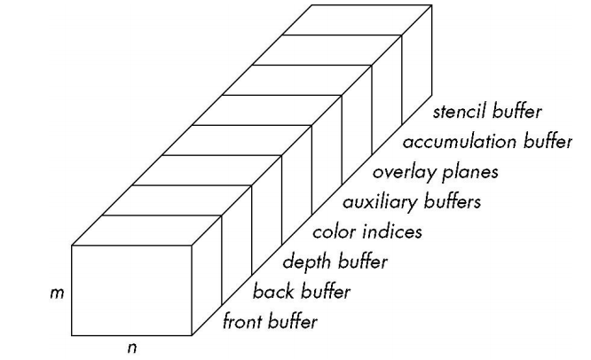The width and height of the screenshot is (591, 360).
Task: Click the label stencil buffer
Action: [x=489, y=113]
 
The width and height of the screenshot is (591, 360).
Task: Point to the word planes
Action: [x=472, y=171]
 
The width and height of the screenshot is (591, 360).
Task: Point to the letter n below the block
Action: [x=132, y=348]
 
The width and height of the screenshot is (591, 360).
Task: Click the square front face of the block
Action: [x=131, y=291]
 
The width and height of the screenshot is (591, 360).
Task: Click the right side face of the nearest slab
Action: [x=207, y=276]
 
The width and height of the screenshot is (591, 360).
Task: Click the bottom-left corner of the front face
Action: [x=72, y=336]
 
